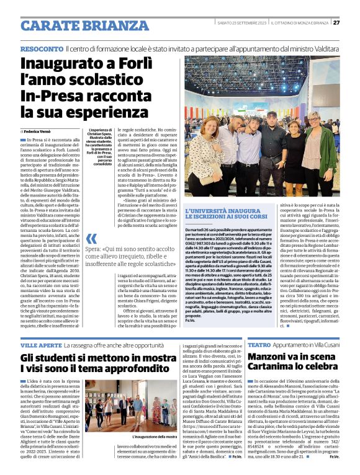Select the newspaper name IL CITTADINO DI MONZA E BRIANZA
(300, 23)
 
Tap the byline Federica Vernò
(38, 132)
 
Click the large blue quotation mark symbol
(92, 239)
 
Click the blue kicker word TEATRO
(259, 344)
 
